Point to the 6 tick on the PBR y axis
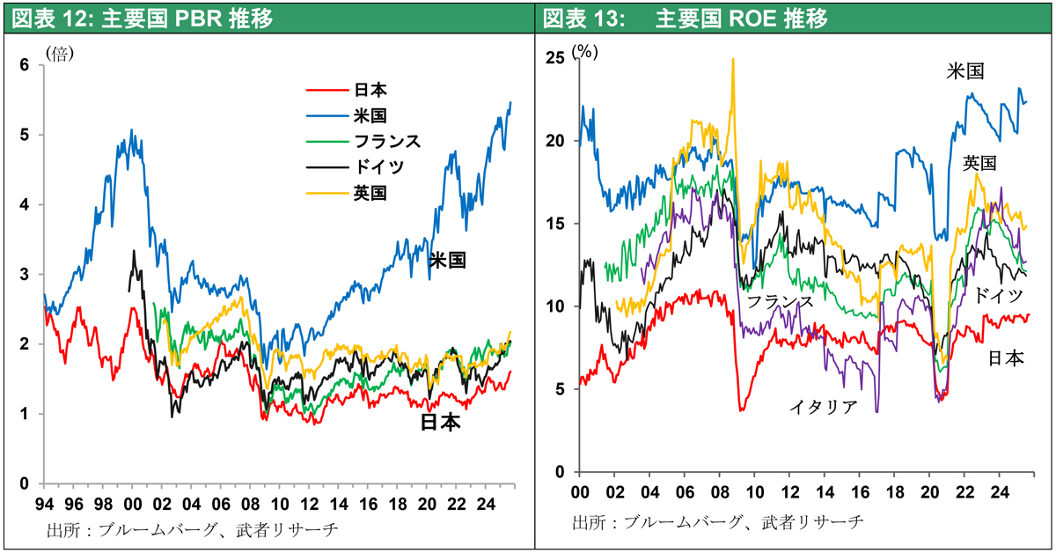(x=25, y=65)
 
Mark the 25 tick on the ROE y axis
(x=555, y=58)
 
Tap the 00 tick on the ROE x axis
(x=581, y=493)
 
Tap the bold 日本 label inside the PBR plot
(x=441, y=424)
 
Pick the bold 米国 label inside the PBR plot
(x=448, y=261)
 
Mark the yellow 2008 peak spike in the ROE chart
(x=733, y=62)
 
